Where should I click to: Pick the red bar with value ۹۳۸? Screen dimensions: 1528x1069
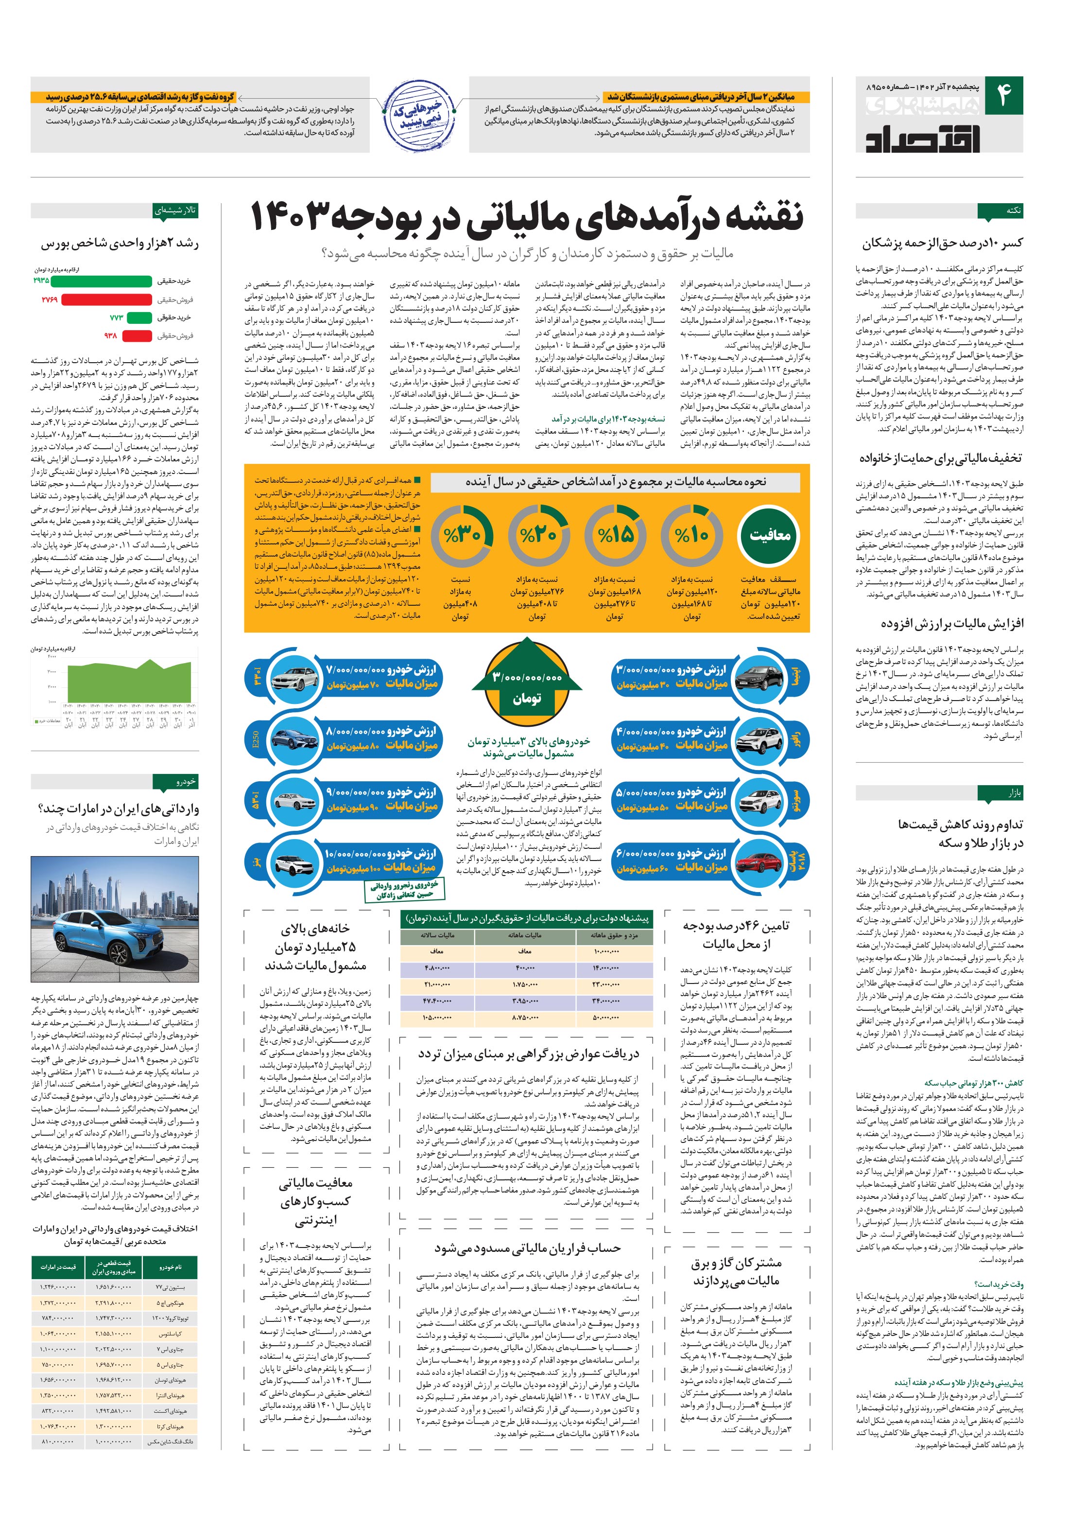point(137,336)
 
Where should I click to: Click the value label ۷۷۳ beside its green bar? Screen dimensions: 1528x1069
point(117,318)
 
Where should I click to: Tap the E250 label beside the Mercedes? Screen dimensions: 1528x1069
point(256,739)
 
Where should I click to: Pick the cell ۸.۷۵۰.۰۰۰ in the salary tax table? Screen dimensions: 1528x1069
point(524,1018)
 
